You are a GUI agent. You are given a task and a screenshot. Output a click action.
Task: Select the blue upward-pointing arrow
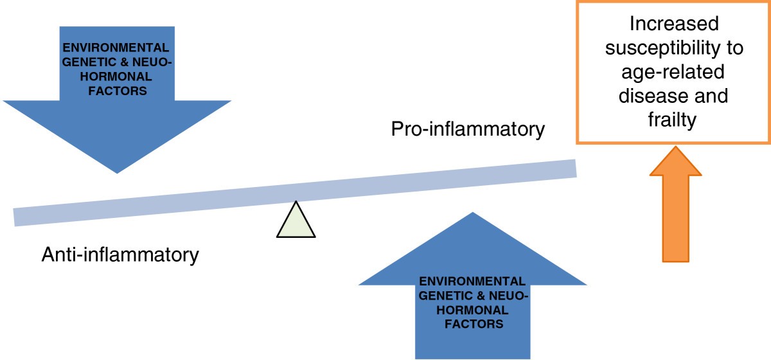(472, 302)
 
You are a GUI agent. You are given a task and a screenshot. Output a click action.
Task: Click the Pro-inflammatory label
(467, 129)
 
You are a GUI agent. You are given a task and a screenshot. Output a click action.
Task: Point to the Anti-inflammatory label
(120, 255)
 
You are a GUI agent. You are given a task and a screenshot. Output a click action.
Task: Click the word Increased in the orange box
(674, 24)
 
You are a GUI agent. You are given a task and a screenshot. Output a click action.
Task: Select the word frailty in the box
(674, 120)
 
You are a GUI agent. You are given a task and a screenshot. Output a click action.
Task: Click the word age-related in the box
(674, 72)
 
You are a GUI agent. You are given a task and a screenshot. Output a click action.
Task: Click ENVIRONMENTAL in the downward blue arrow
(116, 48)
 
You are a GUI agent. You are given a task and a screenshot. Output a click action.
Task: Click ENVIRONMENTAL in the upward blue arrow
(472, 282)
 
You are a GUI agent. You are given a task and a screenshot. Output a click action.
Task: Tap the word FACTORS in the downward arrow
(116, 91)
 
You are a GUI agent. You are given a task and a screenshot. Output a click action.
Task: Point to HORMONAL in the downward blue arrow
(116, 76)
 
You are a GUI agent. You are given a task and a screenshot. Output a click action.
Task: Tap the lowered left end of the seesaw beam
(22, 217)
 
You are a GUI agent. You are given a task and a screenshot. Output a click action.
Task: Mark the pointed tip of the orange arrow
(675, 148)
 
